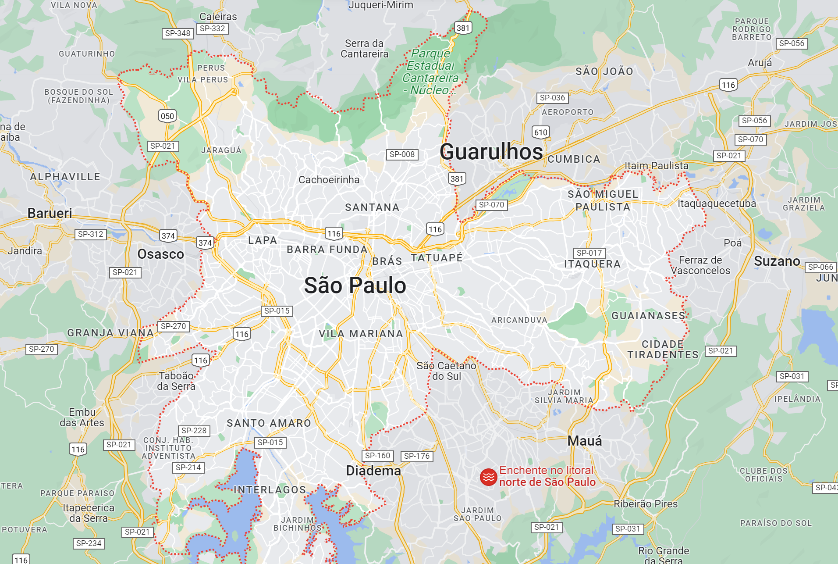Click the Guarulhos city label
pyautogui.click(x=491, y=152)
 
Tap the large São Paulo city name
pyautogui.click(x=355, y=286)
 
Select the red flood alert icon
pyautogui.click(x=488, y=477)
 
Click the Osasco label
pyautogui.click(x=160, y=254)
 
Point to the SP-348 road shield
pyautogui.click(x=178, y=33)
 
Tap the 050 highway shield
pyautogui.click(x=167, y=116)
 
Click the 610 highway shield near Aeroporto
pyautogui.click(x=541, y=132)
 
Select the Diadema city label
pyautogui.click(x=373, y=471)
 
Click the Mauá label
pyautogui.click(x=585, y=441)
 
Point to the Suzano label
pyautogui.click(x=777, y=261)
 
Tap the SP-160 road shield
pyautogui.click(x=377, y=456)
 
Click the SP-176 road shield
pyautogui.click(x=417, y=456)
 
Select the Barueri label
pyautogui.click(x=50, y=213)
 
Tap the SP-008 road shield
pyautogui.click(x=402, y=154)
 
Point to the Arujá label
pyautogui.click(x=760, y=63)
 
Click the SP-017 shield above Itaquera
pyautogui.click(x=589, y=253)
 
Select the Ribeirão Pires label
pyautogui.click(x=645, y=504)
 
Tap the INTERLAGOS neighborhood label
pyautogui.click(x=270, y=490)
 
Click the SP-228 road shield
pyautogui.click(x=194, y=431)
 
